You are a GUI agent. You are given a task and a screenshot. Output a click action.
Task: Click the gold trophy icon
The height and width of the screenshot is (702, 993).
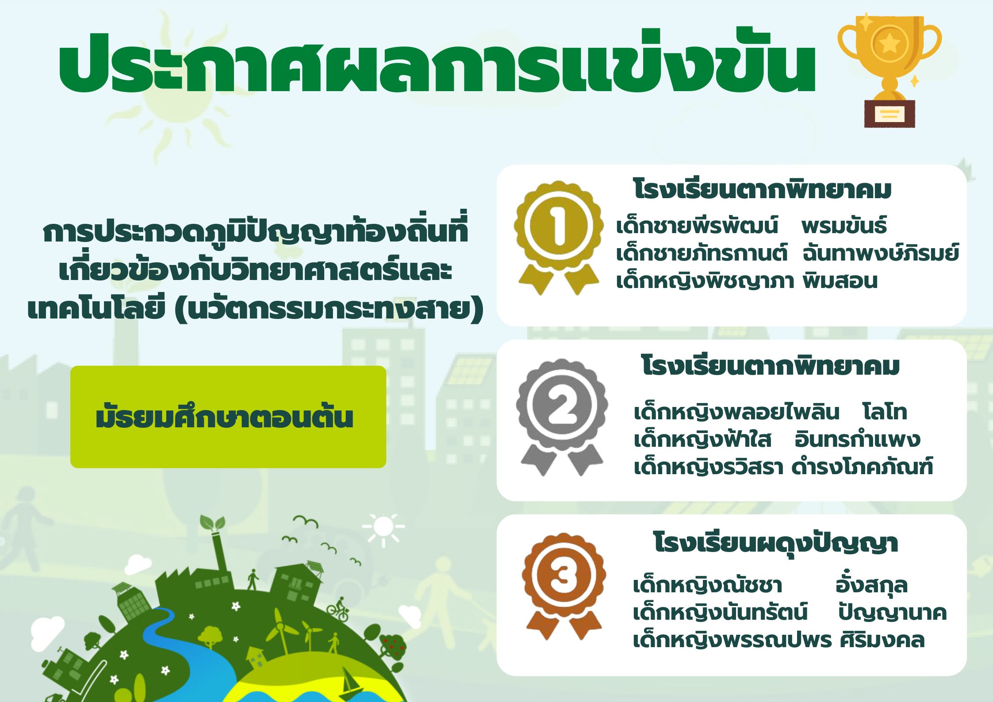click(x=889, y=71)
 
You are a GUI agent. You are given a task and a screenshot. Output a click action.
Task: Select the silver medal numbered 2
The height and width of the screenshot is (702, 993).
click(x=561, y=416)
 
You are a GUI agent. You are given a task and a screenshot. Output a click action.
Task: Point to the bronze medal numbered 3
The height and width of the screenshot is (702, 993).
click(x=563, y=586)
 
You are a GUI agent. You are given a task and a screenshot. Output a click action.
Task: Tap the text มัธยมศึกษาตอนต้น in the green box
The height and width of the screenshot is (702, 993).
click(x=224, y=417)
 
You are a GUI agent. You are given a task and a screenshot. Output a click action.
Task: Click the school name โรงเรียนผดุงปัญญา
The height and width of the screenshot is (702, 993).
click(x=775, y=544)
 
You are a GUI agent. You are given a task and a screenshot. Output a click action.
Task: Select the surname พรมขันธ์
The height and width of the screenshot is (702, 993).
click(x=843, y=226)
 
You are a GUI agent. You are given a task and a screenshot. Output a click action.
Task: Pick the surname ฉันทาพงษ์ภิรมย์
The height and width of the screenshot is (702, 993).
click(x=880, y=253)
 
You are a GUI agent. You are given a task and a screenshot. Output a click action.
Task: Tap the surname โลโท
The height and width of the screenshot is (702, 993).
click(x=885, y=412)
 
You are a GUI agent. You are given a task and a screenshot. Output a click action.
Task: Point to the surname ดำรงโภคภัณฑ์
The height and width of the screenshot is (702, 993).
click(x=862, y=467)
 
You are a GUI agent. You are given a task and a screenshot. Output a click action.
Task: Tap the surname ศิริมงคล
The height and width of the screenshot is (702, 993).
click(x=882, y=640)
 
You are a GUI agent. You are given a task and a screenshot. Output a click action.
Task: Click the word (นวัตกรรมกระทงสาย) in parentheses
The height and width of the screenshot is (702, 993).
click(x=330, y=310)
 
